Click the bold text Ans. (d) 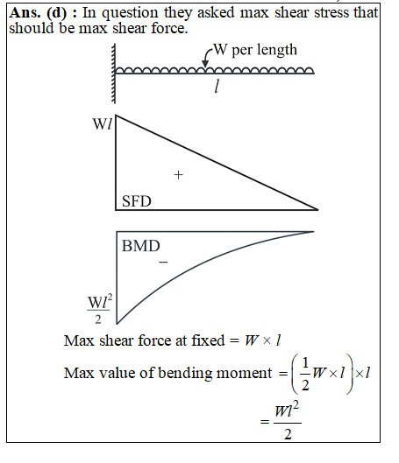(39, 13)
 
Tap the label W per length (255, 50)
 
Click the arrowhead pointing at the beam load (205, 64)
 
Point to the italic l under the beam (217, 87)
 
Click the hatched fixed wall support (114, 74)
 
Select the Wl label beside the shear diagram (103, 124)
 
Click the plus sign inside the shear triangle (178, 175)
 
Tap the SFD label (136, 201)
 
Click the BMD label (141, 246)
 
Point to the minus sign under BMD (163, 262)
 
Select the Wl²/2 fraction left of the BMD (100, 310)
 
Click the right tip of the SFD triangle (317, 210)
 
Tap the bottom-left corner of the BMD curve (118, 324)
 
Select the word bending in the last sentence (185, 374)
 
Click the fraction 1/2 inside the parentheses (305, 374)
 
